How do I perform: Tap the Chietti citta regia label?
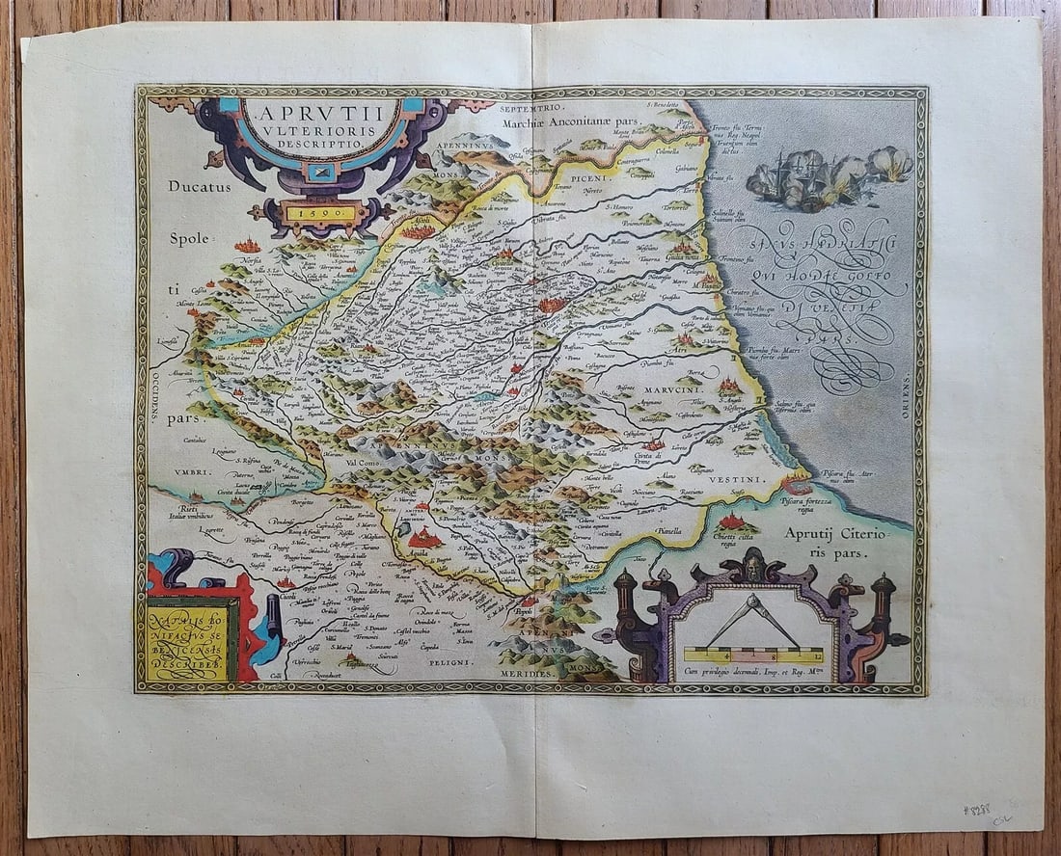(737, 538)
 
